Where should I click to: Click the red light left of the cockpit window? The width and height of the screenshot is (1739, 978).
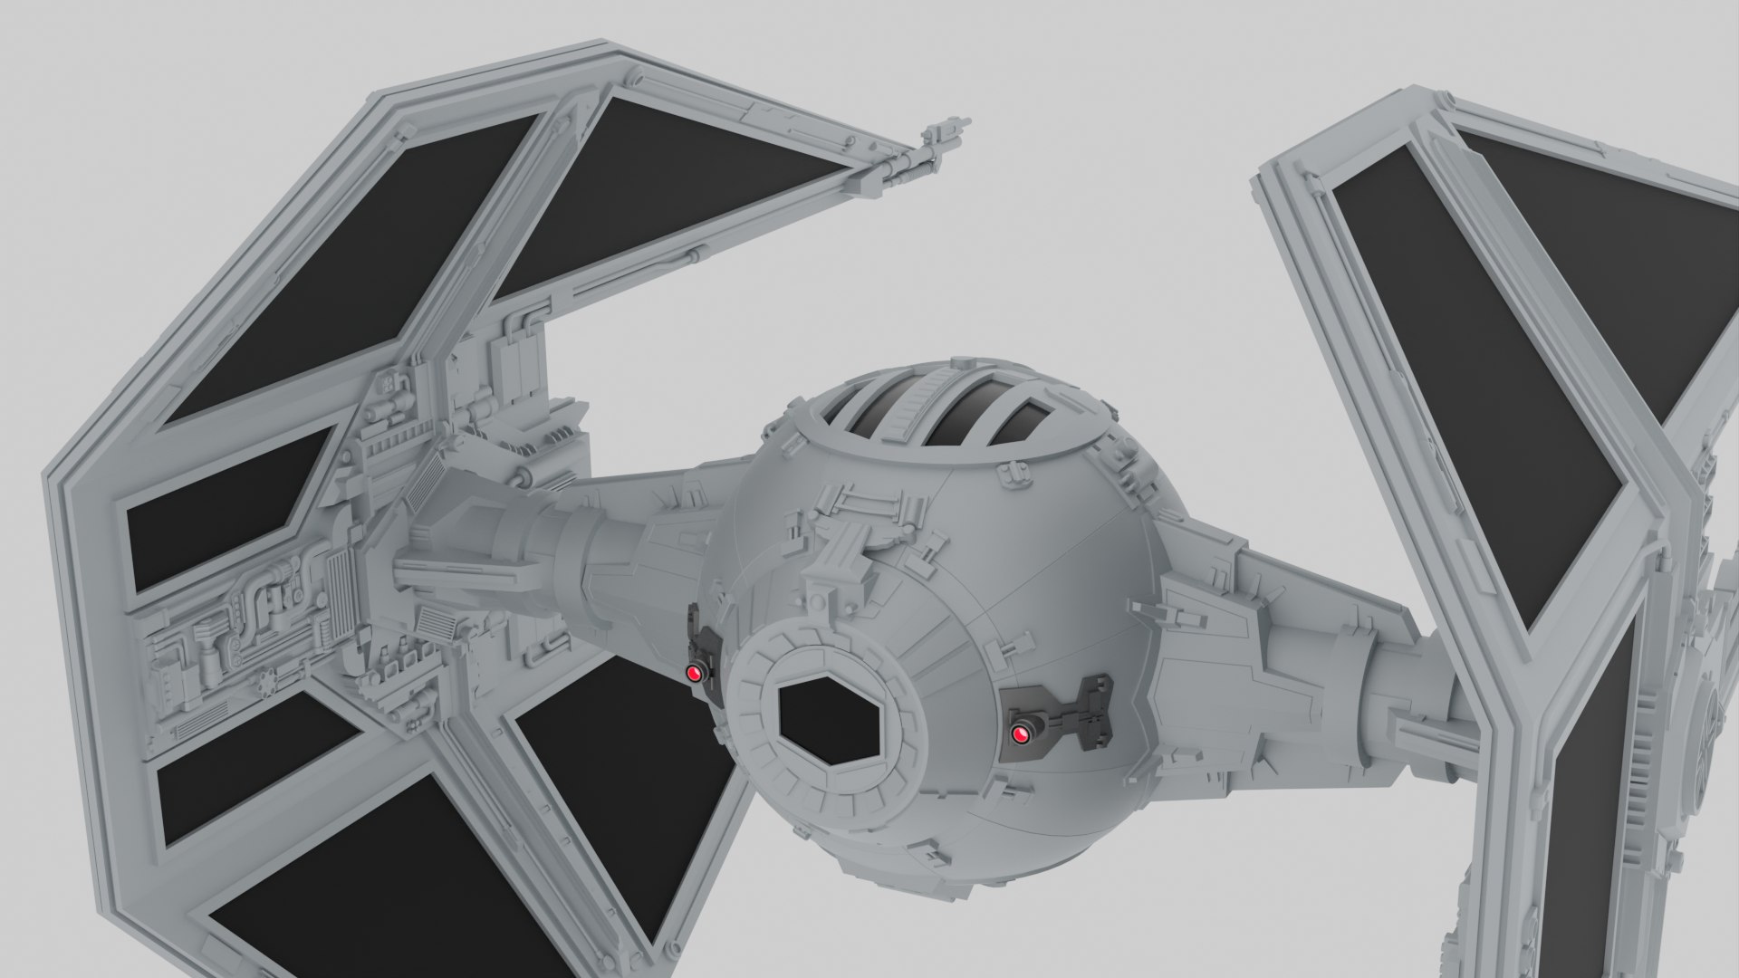[x=695, y=673]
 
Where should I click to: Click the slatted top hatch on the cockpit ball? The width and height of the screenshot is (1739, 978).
[x=942, y=417]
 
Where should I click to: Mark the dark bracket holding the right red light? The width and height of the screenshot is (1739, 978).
[x=1069, y=711]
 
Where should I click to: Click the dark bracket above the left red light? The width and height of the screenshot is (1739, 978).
[x=701, y=634]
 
